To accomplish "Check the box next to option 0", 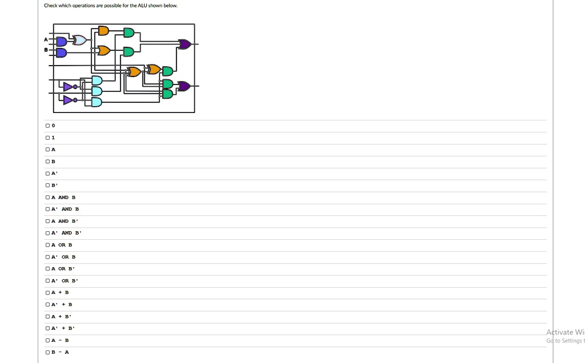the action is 47,126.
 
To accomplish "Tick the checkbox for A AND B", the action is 47,197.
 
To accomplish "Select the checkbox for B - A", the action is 47,352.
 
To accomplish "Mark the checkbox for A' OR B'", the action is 47,281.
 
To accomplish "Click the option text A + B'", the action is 61,316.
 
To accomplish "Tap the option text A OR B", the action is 62,245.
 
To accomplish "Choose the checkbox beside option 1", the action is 47,138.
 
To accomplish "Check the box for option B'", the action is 47,185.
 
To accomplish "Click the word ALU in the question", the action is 142,6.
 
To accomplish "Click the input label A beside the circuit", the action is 46,39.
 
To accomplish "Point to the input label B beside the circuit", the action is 46,50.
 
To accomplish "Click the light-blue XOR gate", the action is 79,40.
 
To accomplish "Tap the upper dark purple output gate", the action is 185,45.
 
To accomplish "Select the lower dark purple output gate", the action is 185,86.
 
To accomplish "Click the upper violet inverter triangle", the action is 69,87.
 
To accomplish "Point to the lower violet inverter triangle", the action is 69,100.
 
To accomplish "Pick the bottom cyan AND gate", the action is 97,102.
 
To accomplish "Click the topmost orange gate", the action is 103,31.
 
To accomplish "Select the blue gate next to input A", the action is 62,41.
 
